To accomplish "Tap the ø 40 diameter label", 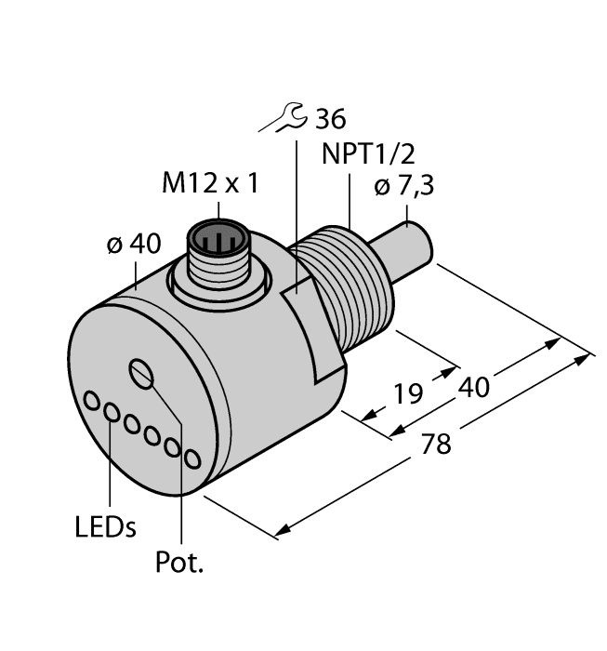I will click(133, 245).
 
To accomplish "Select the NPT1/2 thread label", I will click(363, 154).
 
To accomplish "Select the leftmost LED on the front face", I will click(93, 401).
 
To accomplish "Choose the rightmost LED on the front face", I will click(192, 458).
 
